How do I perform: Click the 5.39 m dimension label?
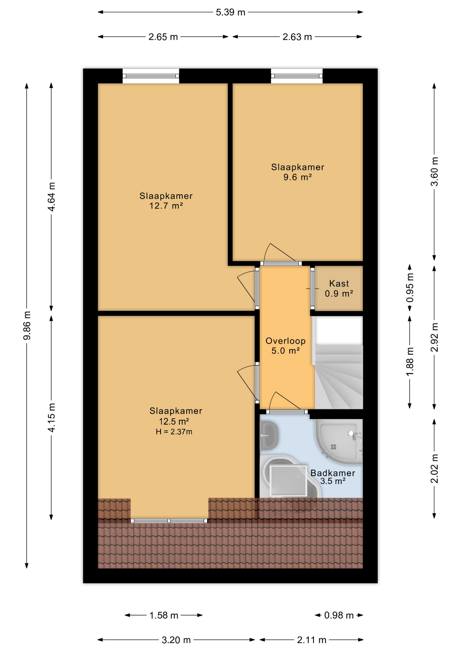pyautogui.click(x=230, y=13)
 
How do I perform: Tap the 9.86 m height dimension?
pyautogui.click(x=27, y=325)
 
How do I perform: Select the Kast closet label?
pyautogui.click(x=339, y=284)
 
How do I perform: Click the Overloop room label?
pyautogui.click(x=285, y=341)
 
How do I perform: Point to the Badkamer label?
pyautogui.click(x=333, y=473)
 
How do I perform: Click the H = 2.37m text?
pyautogui.click(x=174, y=432)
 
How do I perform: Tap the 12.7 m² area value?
pyautogui.click(x=166, y=206)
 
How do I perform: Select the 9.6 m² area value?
pyautogui.click(x=298, y=177)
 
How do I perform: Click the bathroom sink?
pyautogui.click(x=269, y=435)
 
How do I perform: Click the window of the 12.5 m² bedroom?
pyautogui.click(x=169, y=521)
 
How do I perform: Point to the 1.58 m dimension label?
pyautogui.click(x=164, y=615)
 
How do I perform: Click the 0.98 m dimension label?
pyautogui.click(x=339, y=615)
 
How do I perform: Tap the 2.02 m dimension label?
pyautogui.click(x=435, y=469)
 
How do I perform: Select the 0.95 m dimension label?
pyautogui.click(x=410, y=288)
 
